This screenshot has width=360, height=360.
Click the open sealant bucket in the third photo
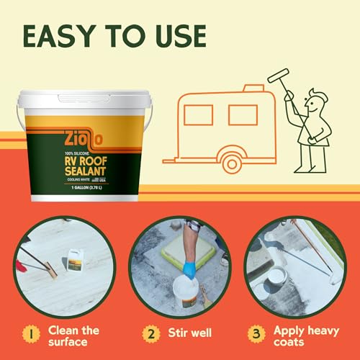coord(275,274)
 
